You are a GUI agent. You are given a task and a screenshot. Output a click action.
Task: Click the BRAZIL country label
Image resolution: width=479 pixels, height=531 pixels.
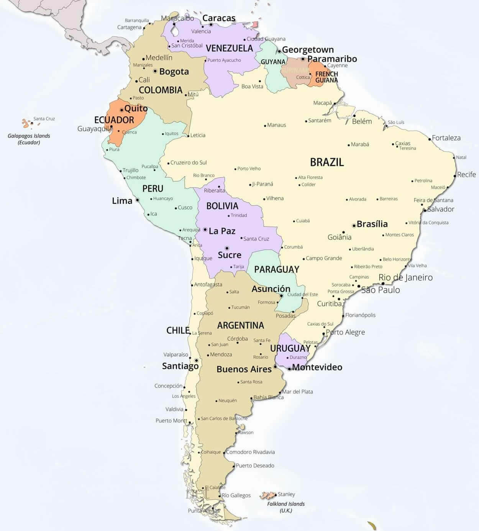coord(327,162)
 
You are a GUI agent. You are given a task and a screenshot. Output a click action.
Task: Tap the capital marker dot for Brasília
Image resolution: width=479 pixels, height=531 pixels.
coord(354,225)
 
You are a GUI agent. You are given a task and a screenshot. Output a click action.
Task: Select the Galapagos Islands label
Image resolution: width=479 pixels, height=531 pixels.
coord(29,139)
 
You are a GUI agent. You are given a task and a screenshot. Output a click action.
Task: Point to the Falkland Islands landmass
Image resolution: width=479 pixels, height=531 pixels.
coord(267,496)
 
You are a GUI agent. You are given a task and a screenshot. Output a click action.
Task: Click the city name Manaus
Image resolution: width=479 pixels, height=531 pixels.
coord(277,125)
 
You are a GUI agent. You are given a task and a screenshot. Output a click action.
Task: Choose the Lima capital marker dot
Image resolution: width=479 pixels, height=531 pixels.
coord(137,200)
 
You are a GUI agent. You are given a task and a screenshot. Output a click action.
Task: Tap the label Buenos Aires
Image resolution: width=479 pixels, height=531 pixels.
coord(244,369)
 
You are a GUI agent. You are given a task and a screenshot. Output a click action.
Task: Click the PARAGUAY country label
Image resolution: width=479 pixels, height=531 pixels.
coord(277,269)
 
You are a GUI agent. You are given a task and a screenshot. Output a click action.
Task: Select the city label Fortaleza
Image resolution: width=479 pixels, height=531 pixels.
coord(446,138)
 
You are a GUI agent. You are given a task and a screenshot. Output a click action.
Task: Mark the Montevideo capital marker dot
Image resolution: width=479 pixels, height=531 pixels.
coord(289,369)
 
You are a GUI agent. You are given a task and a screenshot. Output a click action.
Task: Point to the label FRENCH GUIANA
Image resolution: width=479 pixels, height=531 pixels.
coord(326,77)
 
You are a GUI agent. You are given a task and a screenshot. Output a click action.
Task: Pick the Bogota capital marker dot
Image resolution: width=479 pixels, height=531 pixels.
coord(155,71)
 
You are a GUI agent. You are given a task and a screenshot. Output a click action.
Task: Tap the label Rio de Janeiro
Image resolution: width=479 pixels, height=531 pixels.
coord(405,277)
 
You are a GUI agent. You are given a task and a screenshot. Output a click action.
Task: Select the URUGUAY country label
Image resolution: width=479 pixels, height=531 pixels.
coord(290,348)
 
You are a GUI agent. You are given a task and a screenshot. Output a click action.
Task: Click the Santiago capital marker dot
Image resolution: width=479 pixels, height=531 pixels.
coord(196,361)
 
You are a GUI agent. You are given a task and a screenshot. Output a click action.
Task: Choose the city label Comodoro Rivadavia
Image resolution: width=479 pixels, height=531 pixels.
coord(250,452)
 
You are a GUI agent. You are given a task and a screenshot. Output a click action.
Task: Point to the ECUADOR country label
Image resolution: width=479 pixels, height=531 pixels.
coord(114,120)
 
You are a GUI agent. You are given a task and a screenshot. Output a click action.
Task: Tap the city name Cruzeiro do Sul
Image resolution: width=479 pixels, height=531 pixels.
coord(189,162)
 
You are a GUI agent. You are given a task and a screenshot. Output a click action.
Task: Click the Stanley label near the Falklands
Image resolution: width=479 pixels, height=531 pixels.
coord(286,494)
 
